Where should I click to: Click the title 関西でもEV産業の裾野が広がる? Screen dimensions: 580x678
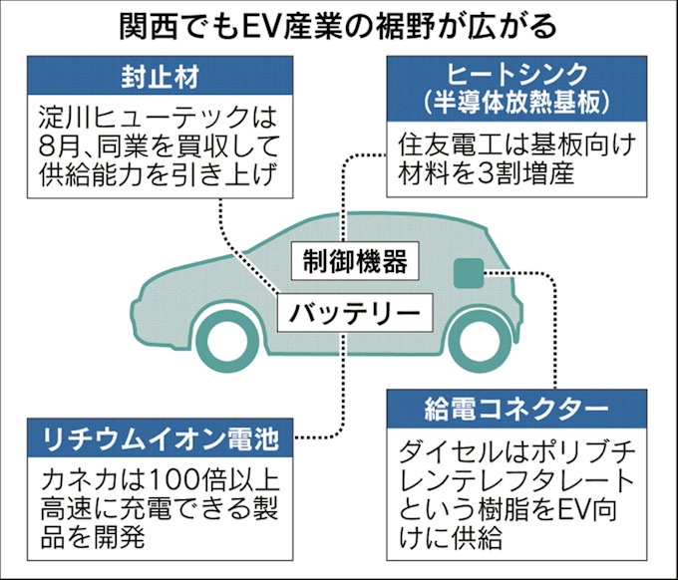coord(339,24)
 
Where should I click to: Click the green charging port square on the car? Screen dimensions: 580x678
coord(467,273)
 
